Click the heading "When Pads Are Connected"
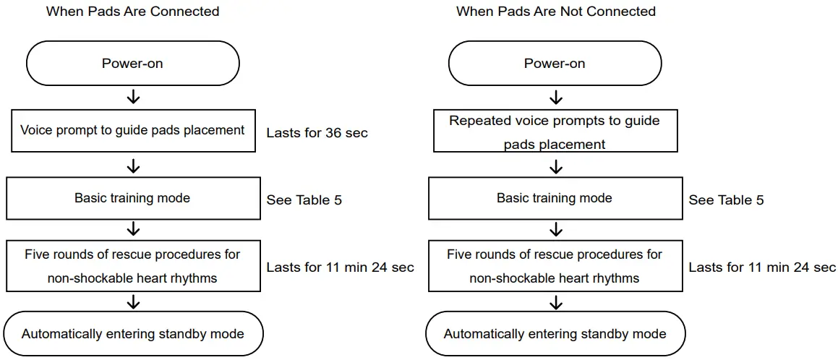click(x=132, y=12)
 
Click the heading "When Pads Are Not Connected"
click(x=555, y=12)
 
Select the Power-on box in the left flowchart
click(x=132, y=64)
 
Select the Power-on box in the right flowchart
click(x=555, y=64)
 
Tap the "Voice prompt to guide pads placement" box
click(x=132, y=131)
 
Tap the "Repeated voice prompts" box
click(x=555, y=132)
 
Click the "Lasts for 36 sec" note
click(x=317, y=133)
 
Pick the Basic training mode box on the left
click(x=132, y=198)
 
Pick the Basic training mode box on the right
click(x=555, y=198)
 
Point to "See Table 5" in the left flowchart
click(x=304, y=200)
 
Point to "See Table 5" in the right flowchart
click(x=726, y=200)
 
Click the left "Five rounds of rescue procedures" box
click(x=132, y=265)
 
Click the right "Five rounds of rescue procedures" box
click(x=555, y=265)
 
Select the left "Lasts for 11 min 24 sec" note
click(x=340, y=267)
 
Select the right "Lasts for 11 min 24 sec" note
click(x=762, y=267)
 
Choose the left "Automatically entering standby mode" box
click(x=132, y=334)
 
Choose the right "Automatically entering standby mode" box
click(x=555, y=334)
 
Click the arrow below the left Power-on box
click(x=133, y=98)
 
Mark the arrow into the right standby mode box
click(x=555, y=301)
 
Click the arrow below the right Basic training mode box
click(x=555, y=231)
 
